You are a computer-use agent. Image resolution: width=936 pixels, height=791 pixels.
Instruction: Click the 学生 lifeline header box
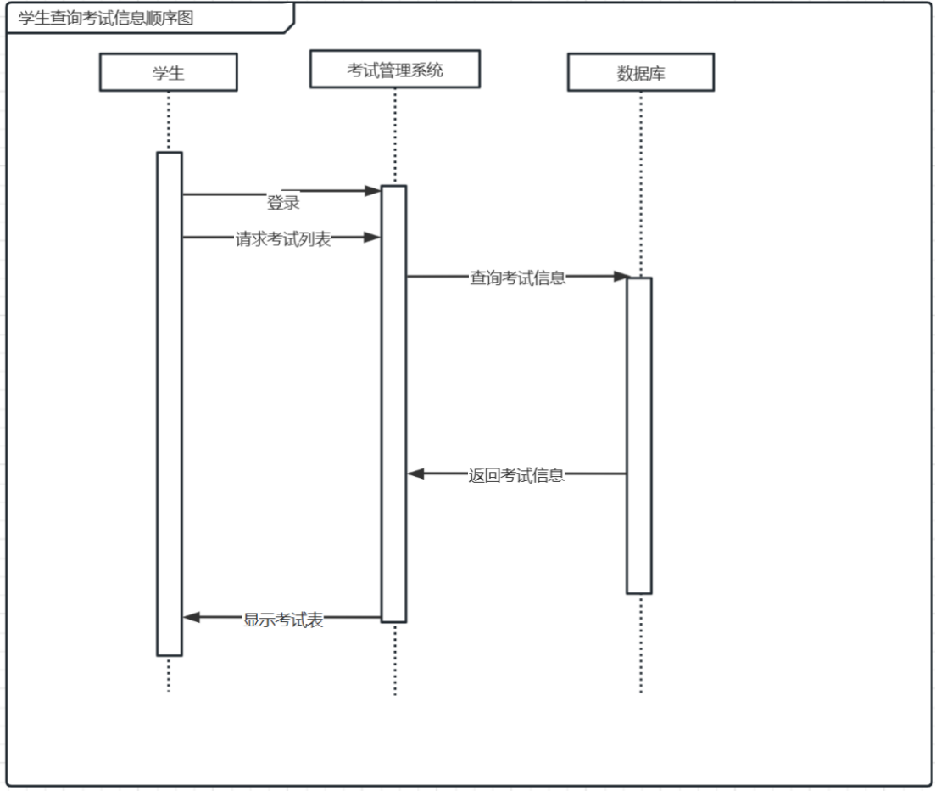tap(168, 73)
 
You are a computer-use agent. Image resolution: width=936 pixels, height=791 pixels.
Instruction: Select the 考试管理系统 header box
tap(394, 70)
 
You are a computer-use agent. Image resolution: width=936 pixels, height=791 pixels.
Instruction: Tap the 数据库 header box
tap(640, 73)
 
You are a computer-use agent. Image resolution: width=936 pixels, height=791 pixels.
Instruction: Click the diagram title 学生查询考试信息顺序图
tap(106, 18)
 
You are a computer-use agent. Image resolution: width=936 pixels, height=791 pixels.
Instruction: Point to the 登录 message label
tap(283, 203)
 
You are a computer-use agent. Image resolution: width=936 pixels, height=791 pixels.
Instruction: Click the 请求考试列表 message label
tap(283, 238)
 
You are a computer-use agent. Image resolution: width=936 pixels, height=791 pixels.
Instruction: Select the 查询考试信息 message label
tap(518, 277)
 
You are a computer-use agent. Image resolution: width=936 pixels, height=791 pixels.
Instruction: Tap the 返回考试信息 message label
tap(516, 475)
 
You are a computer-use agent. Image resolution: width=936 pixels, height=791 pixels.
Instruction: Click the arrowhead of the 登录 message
tap(372, 192)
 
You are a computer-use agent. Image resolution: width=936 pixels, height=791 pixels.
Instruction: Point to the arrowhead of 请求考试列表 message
tap(372, 238)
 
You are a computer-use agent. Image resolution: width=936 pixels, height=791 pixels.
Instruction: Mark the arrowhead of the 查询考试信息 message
tap(621, 276)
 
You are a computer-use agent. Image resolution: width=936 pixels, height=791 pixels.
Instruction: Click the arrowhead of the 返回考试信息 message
tap(415, 474)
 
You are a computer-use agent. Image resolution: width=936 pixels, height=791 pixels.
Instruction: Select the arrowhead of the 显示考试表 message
tap(192, 618)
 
